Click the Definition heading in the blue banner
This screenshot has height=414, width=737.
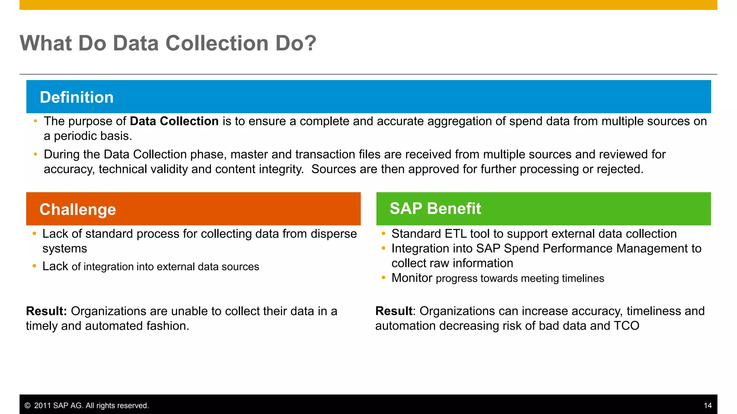point(77,97)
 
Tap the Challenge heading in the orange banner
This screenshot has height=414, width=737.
point(78,209)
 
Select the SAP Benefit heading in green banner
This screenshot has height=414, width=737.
point(435,208)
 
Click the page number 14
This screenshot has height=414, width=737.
point(707,405)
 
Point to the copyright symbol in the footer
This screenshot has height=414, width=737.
point(28,406)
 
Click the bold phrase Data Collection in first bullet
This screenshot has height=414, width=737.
point(174,121)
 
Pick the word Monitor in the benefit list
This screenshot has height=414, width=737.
point(412,278)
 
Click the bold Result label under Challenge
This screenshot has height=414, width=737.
point(46,311)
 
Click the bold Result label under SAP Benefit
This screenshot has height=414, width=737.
point(394,311)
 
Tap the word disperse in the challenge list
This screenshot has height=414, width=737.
point(334,234)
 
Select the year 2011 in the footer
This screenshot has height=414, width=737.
point(42,406)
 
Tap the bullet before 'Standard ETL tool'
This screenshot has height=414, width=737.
point(384,234)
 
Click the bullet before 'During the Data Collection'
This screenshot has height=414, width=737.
point(35,154)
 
